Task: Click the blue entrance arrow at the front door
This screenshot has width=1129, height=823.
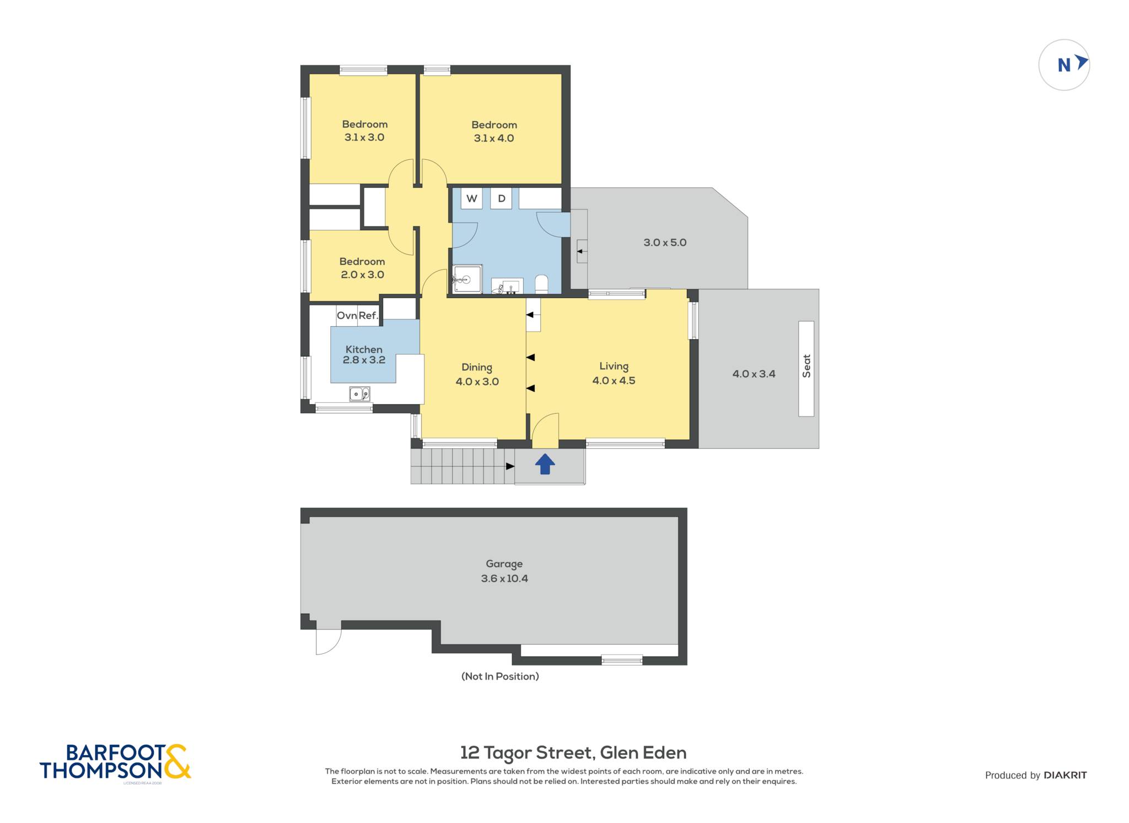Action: (545, 464)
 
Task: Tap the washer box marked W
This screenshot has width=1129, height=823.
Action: (472, 198)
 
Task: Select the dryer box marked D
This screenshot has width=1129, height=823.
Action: (502, 198)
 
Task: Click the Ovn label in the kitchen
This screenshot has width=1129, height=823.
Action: (347, 316)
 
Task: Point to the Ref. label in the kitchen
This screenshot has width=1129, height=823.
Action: (368, 316)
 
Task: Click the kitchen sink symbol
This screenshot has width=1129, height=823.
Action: (359, 394)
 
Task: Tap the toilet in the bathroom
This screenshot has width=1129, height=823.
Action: (541, 284)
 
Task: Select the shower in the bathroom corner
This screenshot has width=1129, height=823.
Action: (467, 279)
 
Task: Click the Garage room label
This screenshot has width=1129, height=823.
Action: (504, 564)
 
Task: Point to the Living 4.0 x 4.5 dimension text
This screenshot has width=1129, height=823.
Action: (614, 381)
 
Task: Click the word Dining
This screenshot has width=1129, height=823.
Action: (477, 367)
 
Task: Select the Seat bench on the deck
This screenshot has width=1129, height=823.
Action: (806, 369)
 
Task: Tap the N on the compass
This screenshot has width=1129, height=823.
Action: (1064, 66)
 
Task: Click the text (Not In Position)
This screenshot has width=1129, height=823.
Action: (500, 676)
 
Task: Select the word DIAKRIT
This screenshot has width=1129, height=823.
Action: (1065, 775)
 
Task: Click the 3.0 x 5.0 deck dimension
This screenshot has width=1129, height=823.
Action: (665, 242)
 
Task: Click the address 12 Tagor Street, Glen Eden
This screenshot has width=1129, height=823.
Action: (573, 753)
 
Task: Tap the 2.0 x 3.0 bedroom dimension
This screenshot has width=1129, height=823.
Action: (362, 274)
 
